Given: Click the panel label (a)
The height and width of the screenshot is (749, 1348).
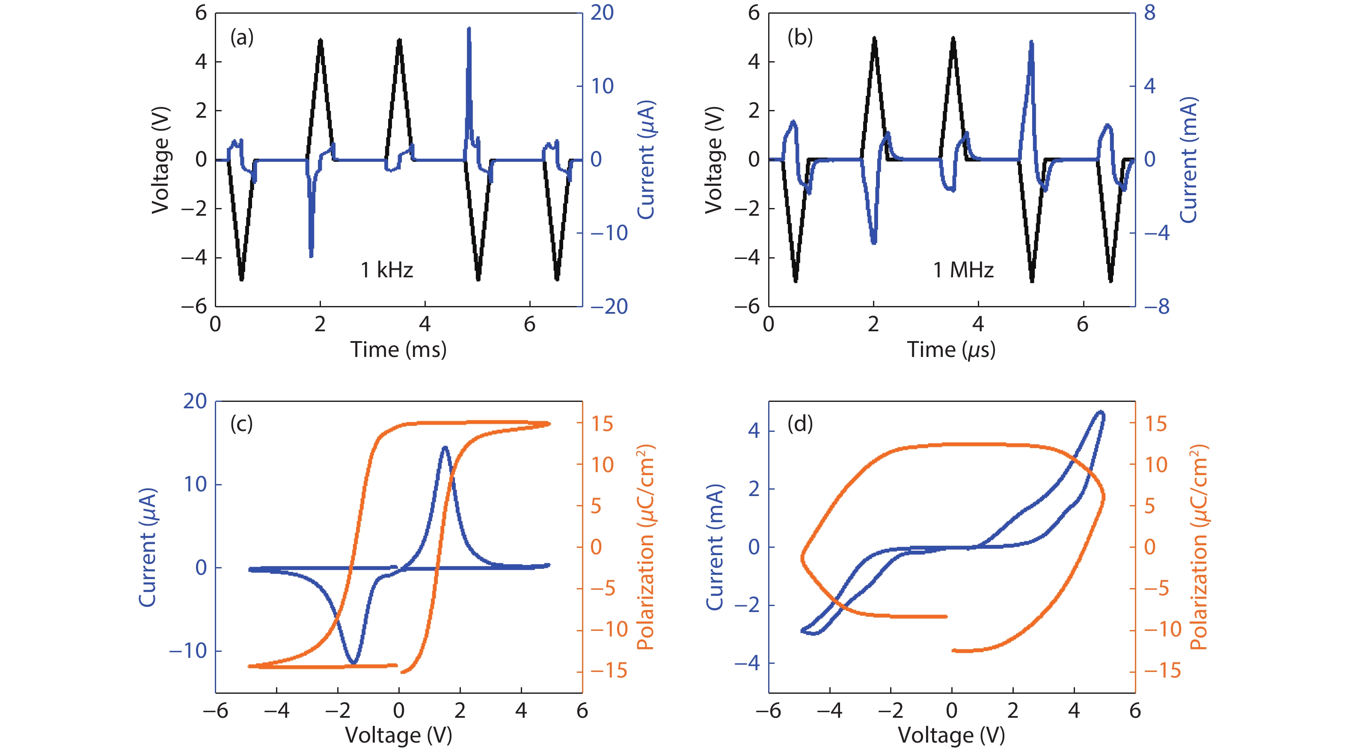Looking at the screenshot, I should [242, 38].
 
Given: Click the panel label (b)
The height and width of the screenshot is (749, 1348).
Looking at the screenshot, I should [799, 38].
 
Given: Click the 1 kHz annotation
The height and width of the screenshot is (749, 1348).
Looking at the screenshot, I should [387, 270].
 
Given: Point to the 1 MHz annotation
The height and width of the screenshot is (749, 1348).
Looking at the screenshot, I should [963, 270].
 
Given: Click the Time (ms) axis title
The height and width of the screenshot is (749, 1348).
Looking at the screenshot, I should [398, 350].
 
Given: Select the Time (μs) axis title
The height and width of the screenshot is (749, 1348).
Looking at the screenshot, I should [951, 350].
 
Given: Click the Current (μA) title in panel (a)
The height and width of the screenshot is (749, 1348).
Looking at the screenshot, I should [647, 160].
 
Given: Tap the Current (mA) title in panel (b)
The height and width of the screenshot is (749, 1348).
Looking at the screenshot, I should [1189, 160].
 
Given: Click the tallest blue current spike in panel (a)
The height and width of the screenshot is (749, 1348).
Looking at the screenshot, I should [469, 29].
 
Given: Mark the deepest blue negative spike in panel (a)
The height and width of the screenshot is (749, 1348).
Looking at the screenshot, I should [312, 255].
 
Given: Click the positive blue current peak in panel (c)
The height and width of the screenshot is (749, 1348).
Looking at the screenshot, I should [445, 448].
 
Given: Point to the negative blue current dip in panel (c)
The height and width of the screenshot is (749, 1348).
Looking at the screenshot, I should [354, 663].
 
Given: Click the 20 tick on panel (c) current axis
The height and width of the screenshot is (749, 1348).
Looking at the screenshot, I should [195, 401].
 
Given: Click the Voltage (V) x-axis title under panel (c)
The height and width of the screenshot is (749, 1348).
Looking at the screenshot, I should [398, 735].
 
